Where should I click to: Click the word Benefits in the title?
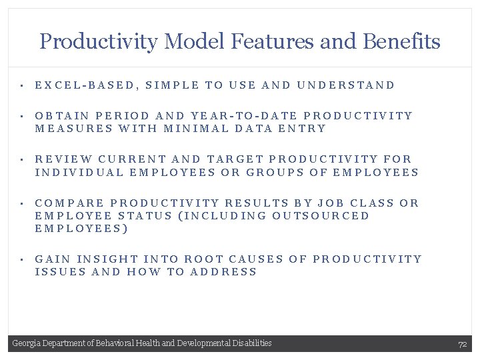point(402,42)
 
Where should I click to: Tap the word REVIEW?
point(64,159)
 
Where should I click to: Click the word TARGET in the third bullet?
point(237,159)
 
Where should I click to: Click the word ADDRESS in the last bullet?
point(225,272)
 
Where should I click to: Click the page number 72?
point(462,345)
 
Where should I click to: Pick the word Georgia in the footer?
point(25,343)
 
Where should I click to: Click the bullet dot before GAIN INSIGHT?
point(22,259)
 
